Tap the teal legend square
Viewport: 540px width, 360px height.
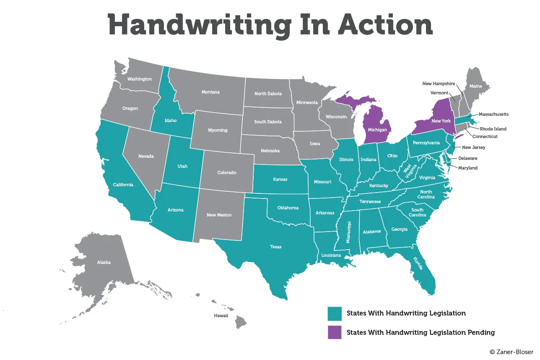(335, 313)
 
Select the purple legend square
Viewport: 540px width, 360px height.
(335, 332)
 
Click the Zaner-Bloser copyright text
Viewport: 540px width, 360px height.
(513, 352)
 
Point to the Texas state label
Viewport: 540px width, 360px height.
(275, 247)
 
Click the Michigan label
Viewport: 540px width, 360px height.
(377, 130)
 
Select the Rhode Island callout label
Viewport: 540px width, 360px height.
(493, 129)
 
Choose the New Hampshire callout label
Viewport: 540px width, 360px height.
(438, 84)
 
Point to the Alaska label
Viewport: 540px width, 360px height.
(104, 262)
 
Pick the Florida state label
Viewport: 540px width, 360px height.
(418, 264)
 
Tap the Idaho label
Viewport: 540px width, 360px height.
(170, 120)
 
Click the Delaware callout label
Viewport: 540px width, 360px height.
(467, 158)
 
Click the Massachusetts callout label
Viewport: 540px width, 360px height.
(493, 114)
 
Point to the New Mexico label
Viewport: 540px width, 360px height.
(219, 215)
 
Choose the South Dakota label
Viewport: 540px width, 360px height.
(267, 122)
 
